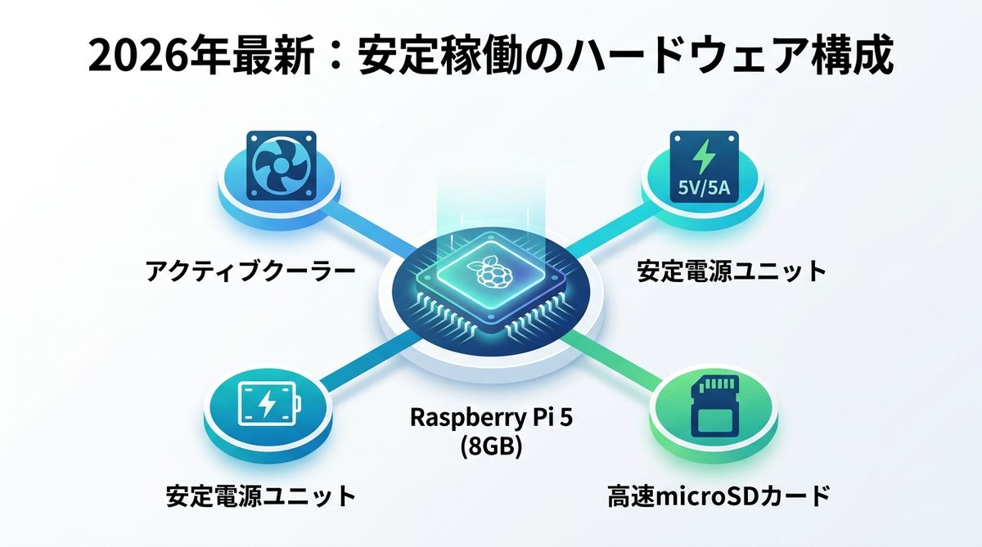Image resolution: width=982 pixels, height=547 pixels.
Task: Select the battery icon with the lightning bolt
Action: coord(267,403)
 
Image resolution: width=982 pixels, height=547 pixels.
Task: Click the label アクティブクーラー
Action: coord(250,271)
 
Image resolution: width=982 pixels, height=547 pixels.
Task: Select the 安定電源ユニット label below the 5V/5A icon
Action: coord(732,271)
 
